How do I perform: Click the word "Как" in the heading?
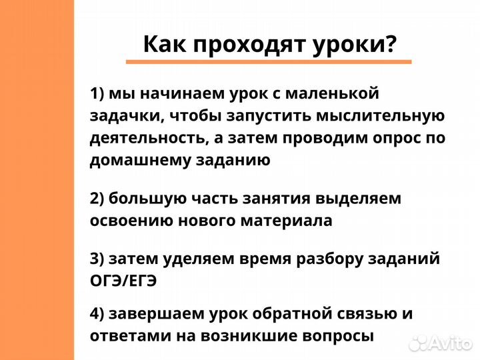pos(163,45)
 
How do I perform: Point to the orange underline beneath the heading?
pos(269,62)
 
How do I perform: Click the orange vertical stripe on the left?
pos(37,180)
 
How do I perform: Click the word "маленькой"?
pos(341,93)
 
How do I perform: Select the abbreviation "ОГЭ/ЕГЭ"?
pos(123,281)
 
